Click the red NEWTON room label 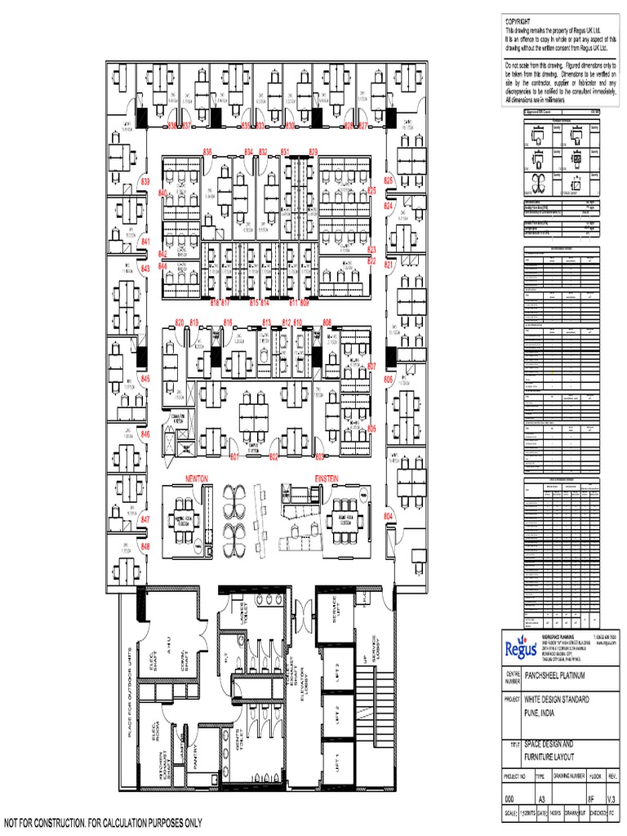[198, 476]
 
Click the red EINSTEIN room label [327, 476]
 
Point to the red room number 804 [389, 517]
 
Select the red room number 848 [145, 546]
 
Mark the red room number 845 [145, 380]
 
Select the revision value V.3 [614, 798]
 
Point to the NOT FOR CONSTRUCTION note [103, 822]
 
